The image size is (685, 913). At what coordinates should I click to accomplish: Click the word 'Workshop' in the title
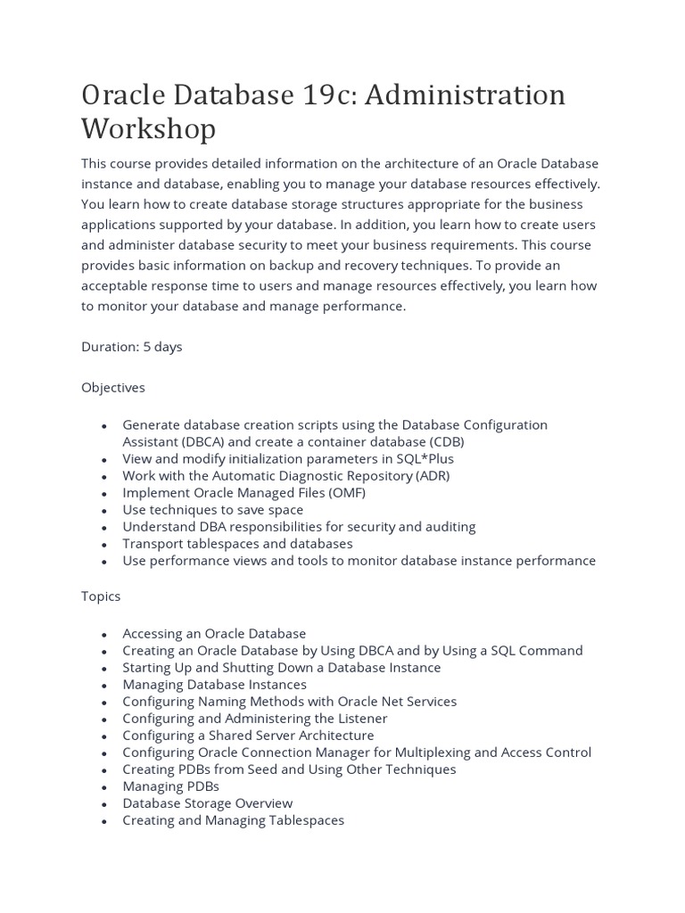(148, 129)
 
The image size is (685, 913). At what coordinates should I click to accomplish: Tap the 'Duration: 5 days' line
(132, 347)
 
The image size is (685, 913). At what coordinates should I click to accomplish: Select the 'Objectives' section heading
(113, 388)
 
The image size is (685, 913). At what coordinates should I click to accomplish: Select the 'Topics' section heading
(101, 596)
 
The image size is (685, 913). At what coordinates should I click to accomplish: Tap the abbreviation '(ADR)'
(431, 475)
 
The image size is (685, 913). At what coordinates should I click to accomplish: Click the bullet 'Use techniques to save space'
(213, 509)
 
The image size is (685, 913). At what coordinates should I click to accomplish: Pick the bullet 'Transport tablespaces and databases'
(237, 543)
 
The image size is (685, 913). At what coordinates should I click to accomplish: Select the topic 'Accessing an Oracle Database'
(214, 633)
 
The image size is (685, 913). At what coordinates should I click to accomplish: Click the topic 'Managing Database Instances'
(214, 685)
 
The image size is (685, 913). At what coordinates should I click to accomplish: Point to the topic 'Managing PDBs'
(170, 786)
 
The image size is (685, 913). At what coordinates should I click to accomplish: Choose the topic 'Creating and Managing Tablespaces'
(233, 820)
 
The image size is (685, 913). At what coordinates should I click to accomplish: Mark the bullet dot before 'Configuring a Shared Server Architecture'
(104, 736)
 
